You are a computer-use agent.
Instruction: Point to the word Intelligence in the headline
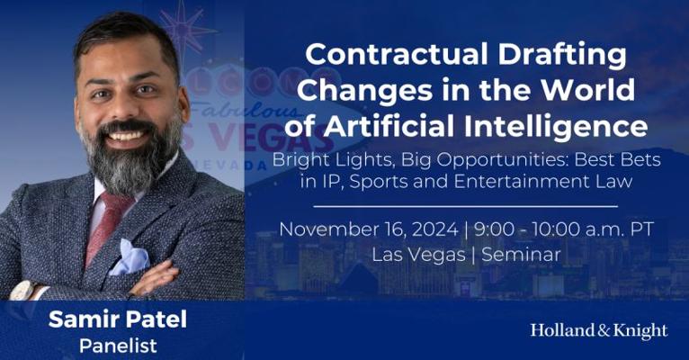[x=556, y=128]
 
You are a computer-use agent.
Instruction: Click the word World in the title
[x=587, y=90]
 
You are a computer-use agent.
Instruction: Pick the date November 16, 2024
[x=368, y=229]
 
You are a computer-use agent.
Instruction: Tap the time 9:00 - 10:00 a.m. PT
[x=564, y=229]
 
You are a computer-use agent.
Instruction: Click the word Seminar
[x=521, y=255]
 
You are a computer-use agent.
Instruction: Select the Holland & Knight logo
[x=599, y=331]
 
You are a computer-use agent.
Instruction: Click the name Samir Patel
[x=118, y=319]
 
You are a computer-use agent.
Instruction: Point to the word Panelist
[x=118, y=346]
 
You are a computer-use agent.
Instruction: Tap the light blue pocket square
[x=130, y=257]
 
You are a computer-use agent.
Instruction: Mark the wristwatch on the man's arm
[x=24, y=290]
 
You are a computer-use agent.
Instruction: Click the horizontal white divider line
[x=465, y=206]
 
